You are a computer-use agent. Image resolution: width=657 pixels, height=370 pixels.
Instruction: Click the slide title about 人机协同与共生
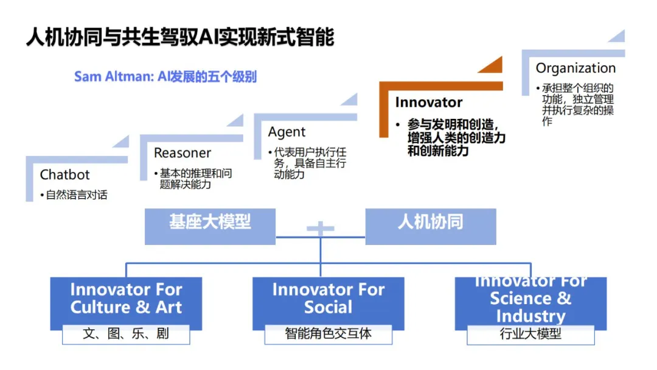180,37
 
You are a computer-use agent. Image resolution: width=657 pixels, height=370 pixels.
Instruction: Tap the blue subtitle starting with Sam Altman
165,77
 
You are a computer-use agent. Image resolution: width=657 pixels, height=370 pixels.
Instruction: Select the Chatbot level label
64,175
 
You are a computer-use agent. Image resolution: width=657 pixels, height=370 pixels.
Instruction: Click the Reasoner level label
182,153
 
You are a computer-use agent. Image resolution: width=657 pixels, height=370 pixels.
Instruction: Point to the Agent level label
287,132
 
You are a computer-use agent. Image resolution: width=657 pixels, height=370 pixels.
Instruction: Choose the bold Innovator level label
429,102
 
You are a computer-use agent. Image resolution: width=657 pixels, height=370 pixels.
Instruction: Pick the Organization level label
575,68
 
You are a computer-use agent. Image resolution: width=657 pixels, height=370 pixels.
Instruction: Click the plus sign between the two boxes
321,229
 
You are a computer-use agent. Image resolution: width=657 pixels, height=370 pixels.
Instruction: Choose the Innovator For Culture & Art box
126,299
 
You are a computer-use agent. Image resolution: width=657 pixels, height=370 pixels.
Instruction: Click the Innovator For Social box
328,299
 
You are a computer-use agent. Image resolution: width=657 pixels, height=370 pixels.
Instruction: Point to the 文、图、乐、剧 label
126,334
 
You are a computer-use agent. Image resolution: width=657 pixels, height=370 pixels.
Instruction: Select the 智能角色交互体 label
328,334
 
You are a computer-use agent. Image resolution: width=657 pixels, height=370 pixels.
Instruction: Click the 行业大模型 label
530,334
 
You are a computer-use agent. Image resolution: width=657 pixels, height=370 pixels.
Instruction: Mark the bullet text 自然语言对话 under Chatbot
77,195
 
